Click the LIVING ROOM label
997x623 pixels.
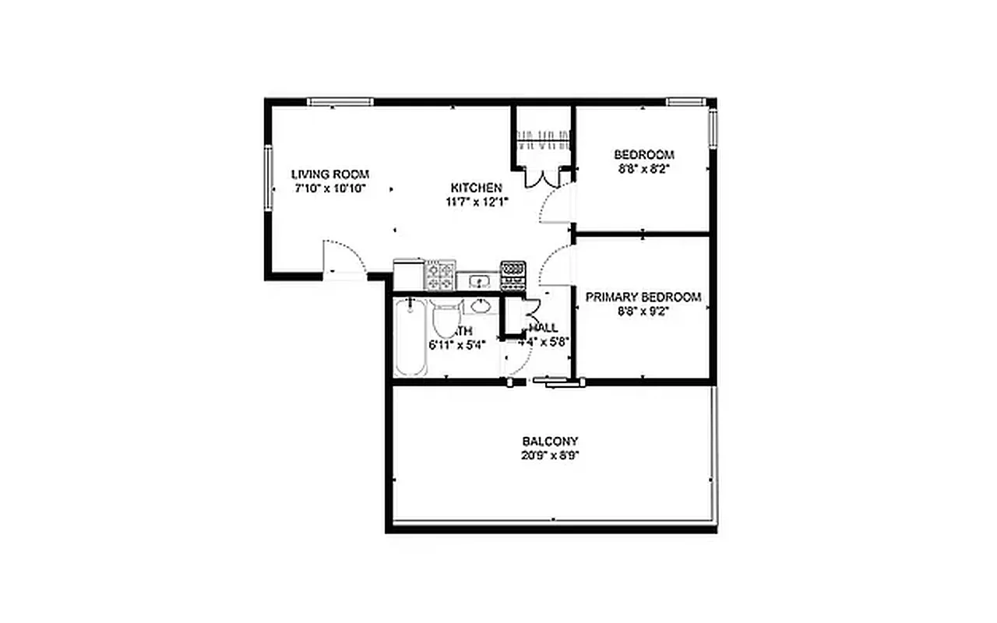pos(329,174)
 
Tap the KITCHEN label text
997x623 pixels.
pos(476,188)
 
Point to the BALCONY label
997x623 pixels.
pos(550,441)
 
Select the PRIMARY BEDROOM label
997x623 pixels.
pos(643,297)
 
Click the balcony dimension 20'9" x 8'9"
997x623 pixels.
pos(550,456)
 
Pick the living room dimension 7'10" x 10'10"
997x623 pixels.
pos(329,188)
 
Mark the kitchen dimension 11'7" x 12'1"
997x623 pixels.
pos(476,202)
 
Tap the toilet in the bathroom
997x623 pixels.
pos(446,319)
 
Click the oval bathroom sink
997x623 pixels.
pos(481,304)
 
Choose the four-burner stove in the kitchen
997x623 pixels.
pos(439,275)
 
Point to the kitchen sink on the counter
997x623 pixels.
pos(480,280)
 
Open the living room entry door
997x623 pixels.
pos(343,257)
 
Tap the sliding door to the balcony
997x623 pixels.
pos(558,381)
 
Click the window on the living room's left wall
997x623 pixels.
pos(268,177)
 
